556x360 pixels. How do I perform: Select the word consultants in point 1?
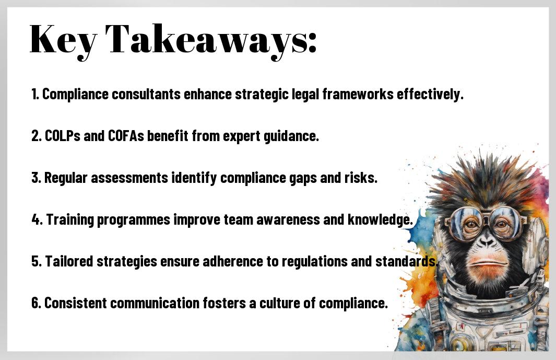point(146,94)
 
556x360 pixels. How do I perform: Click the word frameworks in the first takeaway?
point(358,94)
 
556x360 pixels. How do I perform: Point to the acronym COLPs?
point(63,136)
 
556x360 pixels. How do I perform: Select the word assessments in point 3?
point(129,178)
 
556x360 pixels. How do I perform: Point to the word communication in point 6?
point(155,303)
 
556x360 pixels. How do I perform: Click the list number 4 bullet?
point(37,219)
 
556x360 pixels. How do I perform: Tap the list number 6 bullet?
point(36,303)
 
